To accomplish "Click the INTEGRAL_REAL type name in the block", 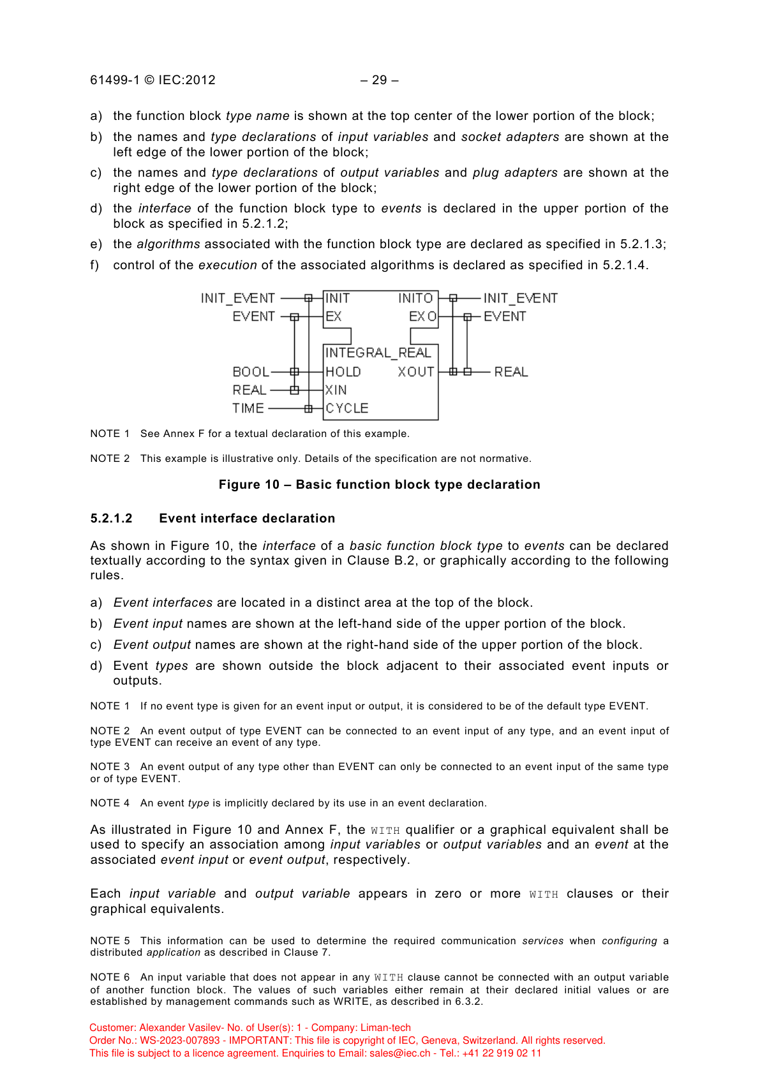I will tap(378, 353).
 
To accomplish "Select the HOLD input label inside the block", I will tap(343, 372).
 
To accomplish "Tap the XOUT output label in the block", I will tap(416, 372).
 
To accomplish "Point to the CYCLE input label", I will tap(347, 408).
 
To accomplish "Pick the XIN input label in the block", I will tap(336, 390).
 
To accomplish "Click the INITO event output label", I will tap(415, 298).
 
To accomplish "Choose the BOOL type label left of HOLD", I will tap(251, 372).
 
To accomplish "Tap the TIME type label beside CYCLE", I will tap(248, 408).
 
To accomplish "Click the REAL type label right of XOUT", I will tap(511, 372).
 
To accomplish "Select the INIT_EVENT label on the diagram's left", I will tap(238, 298).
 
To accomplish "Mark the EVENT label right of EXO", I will tap(505, 316).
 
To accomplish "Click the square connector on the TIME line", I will tap(309, 408).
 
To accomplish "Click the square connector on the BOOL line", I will tap(294, 372).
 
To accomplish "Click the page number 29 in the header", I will tap(380, 80).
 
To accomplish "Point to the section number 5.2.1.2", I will tap(112, 518).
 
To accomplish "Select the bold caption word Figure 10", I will tap(249, 484).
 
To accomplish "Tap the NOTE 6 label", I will tap(110, 977).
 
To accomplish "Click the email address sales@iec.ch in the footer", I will tap(399, 1053).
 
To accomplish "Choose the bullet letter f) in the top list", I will tap(96, 265).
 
